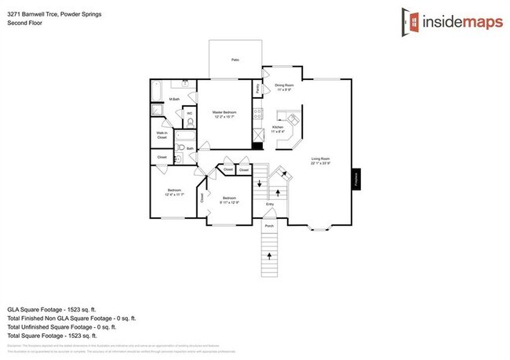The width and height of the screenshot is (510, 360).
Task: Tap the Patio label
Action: point(235,60)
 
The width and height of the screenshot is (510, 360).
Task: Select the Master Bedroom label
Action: point(224,115)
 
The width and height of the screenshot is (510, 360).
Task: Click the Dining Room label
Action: point(284,86)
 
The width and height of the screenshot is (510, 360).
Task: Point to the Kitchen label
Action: point(279,129)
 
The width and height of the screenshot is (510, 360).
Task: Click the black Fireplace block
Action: point(355,178)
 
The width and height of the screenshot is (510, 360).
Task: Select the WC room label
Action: point(189,113)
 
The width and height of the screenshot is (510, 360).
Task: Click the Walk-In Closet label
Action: point(162,135)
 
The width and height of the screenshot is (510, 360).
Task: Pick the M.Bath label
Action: point(174,99)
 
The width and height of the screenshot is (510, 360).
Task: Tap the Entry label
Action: point(269,205)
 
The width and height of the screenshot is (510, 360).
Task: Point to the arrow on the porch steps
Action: point(269,255)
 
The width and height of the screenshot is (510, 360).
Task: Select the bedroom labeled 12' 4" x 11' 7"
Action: point(174,192)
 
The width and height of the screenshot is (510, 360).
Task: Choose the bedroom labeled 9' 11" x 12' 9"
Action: point(228,199)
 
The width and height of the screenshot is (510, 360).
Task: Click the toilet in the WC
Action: point(189,122)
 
